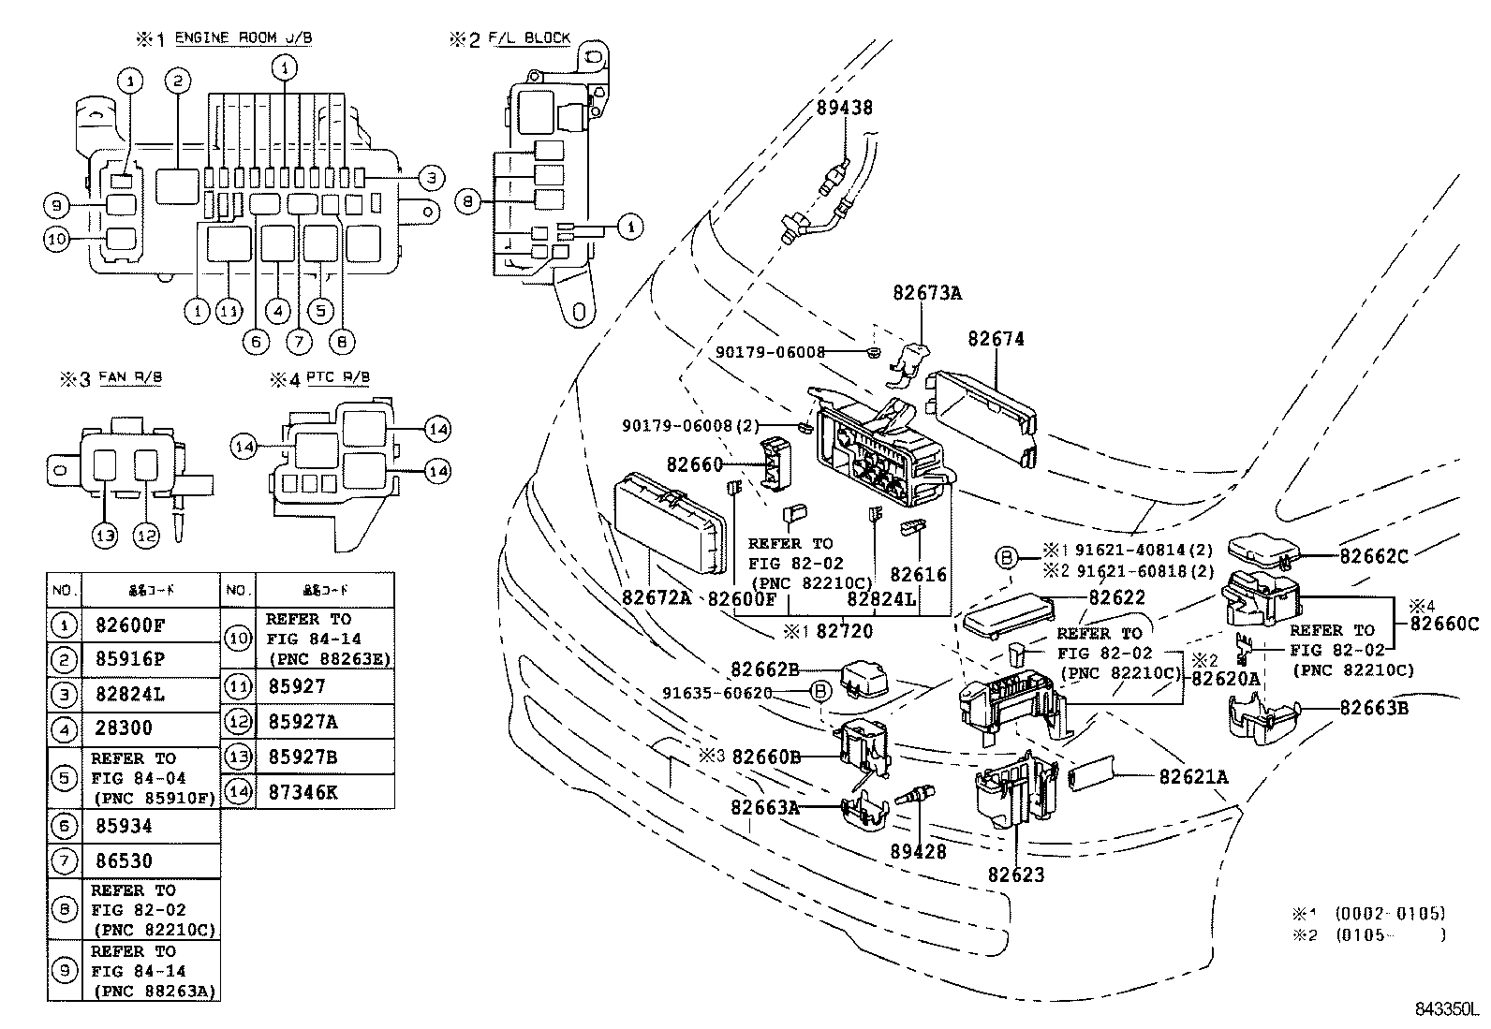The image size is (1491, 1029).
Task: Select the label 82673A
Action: point(926,292)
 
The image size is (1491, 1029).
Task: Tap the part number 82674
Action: point(996,339)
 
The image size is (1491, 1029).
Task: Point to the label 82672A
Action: point(657,597)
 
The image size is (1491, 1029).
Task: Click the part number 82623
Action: point(1015,875)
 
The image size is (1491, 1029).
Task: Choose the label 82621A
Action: point(1193,776)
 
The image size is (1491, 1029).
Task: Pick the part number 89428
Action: point(919,851)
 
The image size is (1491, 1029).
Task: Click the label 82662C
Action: point(1373,555)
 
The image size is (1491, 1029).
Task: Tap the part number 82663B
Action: point(1373,708)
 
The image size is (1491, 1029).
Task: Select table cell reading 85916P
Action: point(130,659)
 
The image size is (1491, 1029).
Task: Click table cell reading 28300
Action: point(124,728)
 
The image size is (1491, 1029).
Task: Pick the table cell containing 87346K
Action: point(303,792)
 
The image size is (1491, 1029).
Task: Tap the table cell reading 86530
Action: point(124,860)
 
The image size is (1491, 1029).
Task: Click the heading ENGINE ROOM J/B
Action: point(243,37)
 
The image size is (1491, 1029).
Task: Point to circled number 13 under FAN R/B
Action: point(105,535)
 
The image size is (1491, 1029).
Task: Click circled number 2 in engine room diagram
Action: point(178,81)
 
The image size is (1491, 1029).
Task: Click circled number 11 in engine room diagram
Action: point(229,310)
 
